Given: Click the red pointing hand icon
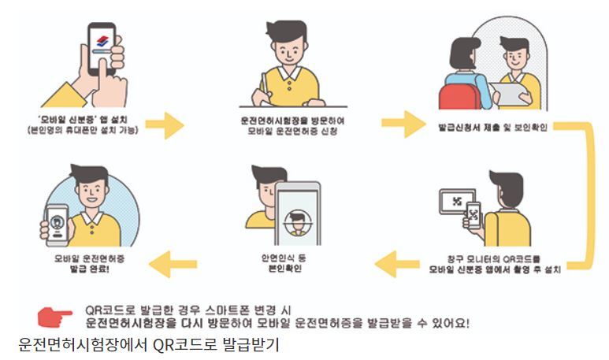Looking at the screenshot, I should [x=55, y=316].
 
